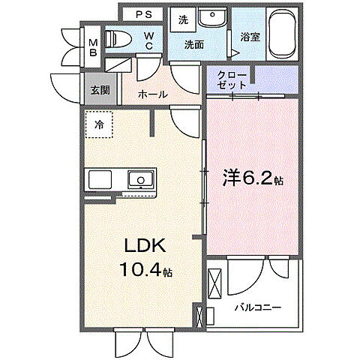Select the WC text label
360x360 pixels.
pyautogui.click(x=150, y=40)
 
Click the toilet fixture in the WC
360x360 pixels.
pyautogui.click(x=120, y=40)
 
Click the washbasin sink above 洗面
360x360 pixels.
pyautogui.click(x=212, y=18)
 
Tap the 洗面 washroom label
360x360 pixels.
pyautogui.click(x=197, y=43)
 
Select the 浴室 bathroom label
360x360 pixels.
pyautogui.click(x=250, y=37)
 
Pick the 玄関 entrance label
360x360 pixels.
pyautogui.click(x=100, y=89)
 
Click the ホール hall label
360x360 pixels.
pyautogui.click(x=153, y=94)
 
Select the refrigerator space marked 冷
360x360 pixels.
pyautogui.click(x=99, y=125)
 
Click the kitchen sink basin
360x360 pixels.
pyautogui.click(x=140, y=180)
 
